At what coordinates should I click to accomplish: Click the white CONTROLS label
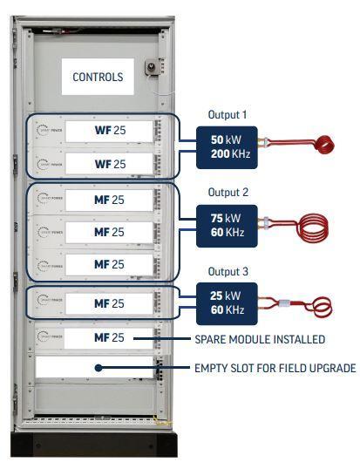(98, 77)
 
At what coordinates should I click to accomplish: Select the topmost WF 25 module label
(110, 132)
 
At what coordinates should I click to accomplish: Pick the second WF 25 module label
(110, 163)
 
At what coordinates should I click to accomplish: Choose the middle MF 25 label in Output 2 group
(110, 232)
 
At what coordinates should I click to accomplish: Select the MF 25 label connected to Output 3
(110, 302)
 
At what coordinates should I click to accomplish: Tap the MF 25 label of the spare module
(110, 337)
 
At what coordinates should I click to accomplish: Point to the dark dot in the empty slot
(99, 368)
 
